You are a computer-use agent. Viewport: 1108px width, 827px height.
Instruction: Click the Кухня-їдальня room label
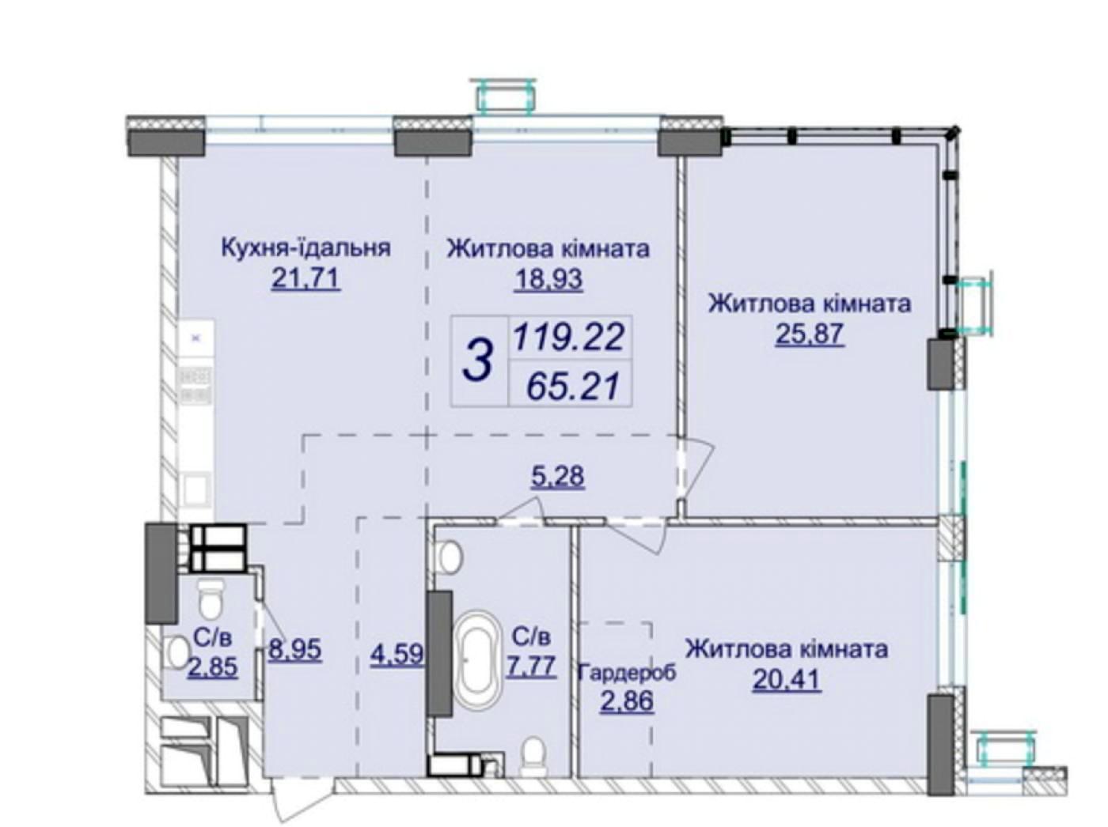coord(306,248)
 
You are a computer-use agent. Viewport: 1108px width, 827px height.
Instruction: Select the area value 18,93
coord(548,279)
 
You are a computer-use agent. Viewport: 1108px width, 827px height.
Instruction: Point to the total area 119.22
coord(569,337)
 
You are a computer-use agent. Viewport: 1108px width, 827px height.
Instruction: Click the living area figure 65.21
coord(572,387)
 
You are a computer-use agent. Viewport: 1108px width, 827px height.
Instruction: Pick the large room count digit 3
coord(477,360)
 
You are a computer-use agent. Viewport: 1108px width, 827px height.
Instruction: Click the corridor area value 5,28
coord(557,475)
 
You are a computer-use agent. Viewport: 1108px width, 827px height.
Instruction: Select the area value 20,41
coord(787,680)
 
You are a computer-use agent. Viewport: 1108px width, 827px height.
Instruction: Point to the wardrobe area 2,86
coord(627,701)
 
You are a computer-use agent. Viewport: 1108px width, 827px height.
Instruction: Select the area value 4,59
coord(397,656)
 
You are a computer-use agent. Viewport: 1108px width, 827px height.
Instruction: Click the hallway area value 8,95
coord(294,649)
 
